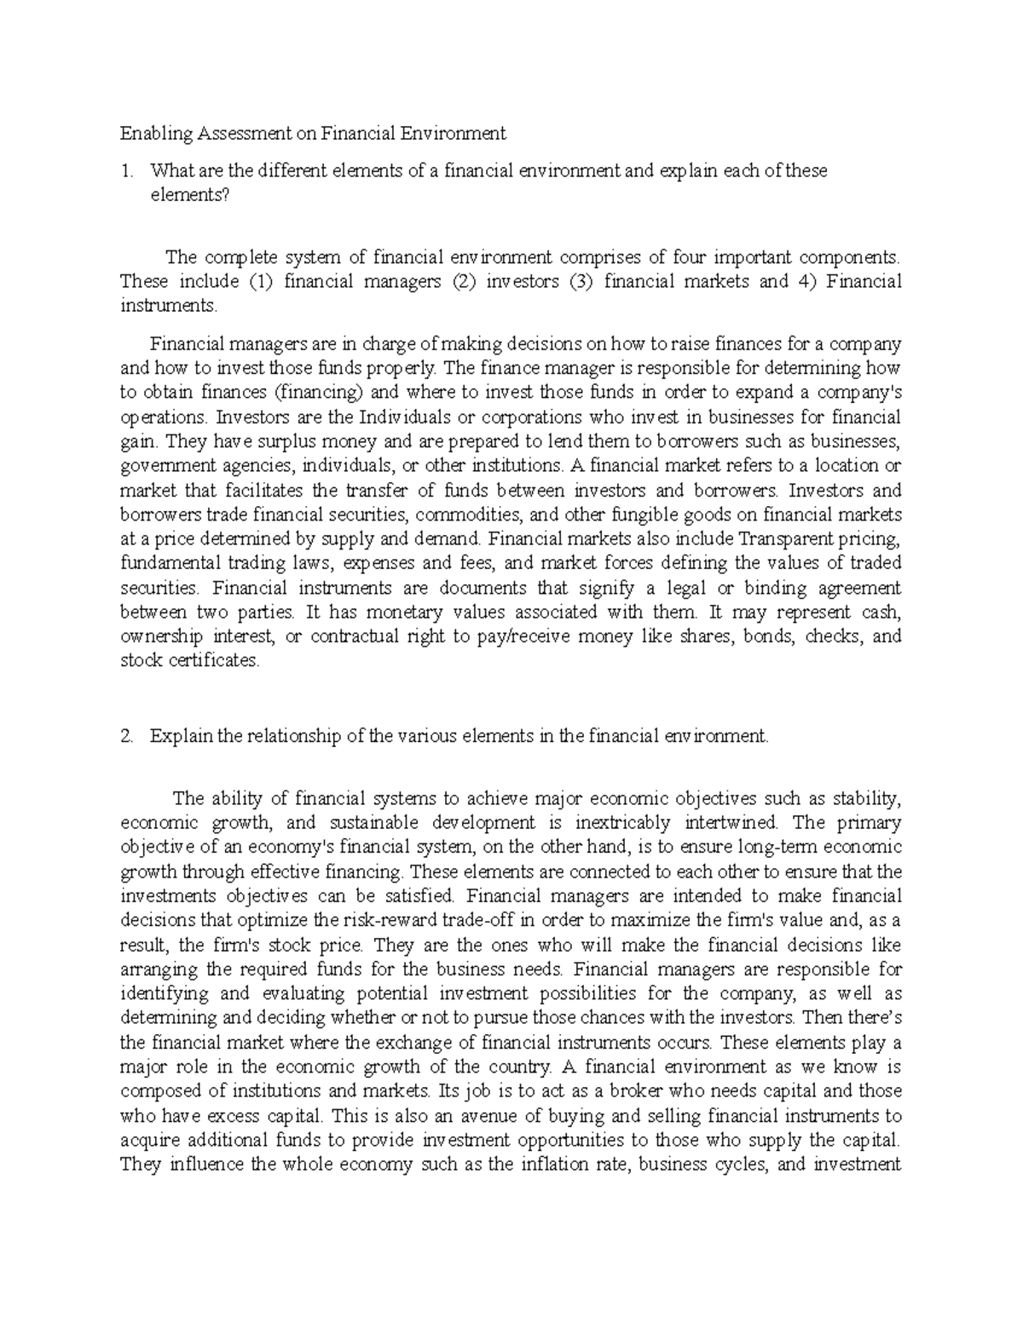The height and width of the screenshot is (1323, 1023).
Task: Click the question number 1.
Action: tap(127, 170)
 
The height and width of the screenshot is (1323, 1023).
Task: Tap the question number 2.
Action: tap(127, 737)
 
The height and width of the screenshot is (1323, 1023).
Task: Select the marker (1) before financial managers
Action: tap(260, 282)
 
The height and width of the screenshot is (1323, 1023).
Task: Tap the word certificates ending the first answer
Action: tap(211, 661)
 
